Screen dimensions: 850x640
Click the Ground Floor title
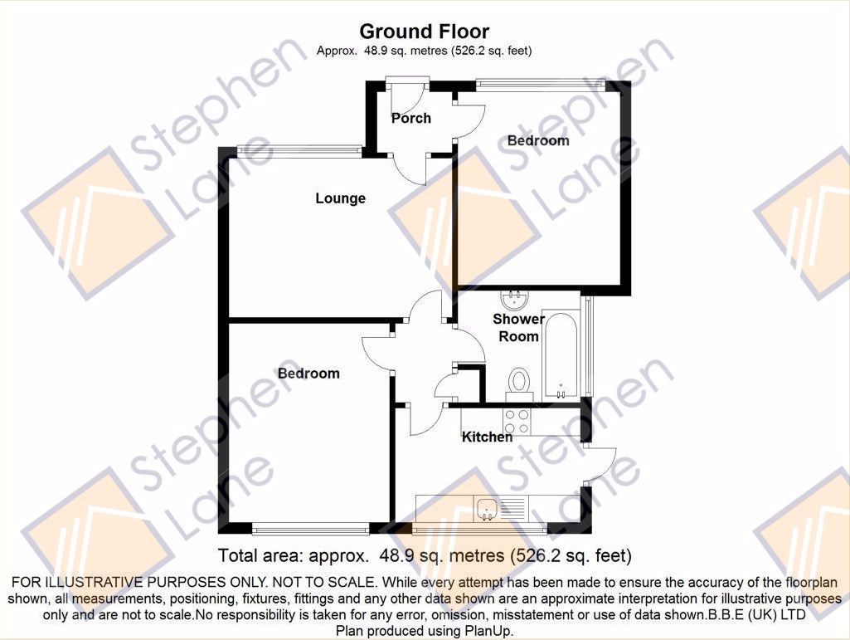point(424,32)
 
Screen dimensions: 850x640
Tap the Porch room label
point(411,118)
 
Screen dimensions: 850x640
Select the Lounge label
point(341,198)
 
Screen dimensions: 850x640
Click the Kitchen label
point(487,437)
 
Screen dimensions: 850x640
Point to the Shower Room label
point(518,327)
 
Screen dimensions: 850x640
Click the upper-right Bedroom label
point(538,140)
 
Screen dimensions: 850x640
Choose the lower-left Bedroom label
point(308,374)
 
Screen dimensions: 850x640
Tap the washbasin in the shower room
point(514,300)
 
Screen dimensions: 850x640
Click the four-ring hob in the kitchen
point(517,421)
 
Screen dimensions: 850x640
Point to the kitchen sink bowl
point(488,509)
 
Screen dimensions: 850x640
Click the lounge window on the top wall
point(299,151)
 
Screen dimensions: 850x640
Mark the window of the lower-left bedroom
point(311,528)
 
